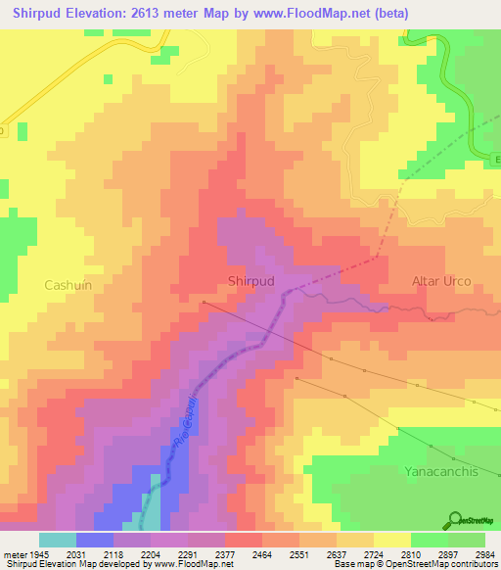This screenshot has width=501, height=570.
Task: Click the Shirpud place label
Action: tap(250, 281)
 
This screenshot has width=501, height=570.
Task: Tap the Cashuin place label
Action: tap(67, 285)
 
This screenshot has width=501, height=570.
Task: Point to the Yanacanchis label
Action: tap(442, 471)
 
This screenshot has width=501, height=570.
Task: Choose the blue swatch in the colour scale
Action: tap(94, 540)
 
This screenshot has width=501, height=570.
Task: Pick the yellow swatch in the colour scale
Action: tap(391, 540)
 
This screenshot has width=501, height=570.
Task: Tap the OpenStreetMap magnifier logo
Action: tap(454, 520)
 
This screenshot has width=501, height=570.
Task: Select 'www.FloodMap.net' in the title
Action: tap(310, 14)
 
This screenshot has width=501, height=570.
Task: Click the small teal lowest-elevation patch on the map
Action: tap(151, 509)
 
